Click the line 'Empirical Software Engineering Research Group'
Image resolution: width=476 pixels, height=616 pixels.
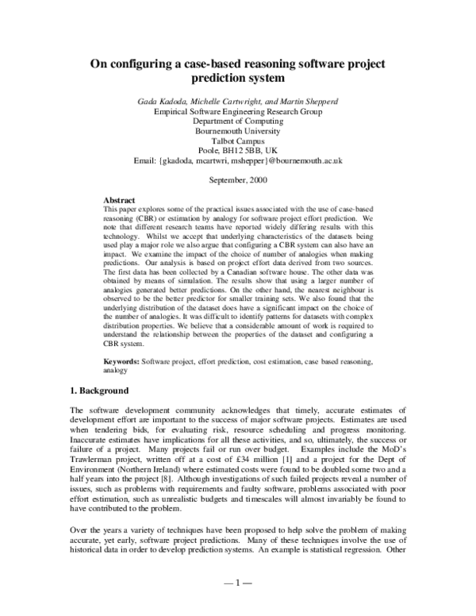point(237,113)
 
